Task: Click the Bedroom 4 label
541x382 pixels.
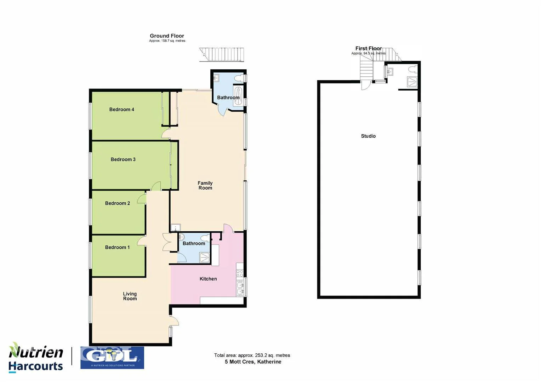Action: click(121, 110)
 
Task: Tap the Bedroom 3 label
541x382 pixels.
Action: click(123, 160)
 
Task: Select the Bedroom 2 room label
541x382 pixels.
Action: click(117, 203)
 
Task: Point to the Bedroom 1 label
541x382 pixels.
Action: click(117, 247)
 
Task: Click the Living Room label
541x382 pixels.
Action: click(130, 296)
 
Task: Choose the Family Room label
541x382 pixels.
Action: click(205, 185)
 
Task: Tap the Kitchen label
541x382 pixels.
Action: click(208, 279)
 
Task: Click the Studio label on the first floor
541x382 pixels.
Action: click(368, 136)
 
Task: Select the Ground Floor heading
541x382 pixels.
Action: click(167, 36)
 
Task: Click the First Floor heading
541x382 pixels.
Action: click(368, 48)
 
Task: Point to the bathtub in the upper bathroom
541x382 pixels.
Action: click(238, 95)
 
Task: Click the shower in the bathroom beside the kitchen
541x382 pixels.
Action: click(204, 257)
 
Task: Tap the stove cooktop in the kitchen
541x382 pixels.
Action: click(240, 273)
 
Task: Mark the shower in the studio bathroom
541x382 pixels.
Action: click(412, 82)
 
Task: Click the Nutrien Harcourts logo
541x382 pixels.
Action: click(36, 357)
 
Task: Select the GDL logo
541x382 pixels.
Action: click(112, 357)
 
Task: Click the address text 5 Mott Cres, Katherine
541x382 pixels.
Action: click(253, 362)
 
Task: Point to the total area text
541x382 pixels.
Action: click(252, 355)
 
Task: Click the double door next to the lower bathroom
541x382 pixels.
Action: click(166, 242)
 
